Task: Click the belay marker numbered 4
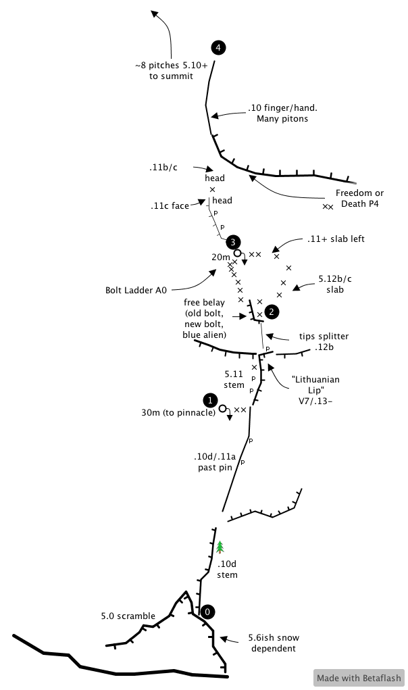218,47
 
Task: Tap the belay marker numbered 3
232,241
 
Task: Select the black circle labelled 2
271,312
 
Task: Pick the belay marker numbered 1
211,400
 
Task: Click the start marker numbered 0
208,612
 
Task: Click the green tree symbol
219,547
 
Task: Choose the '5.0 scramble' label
128,616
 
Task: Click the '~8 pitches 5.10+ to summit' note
171,72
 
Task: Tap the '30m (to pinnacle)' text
178,413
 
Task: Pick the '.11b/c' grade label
163,167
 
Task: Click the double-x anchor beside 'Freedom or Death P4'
328,207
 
